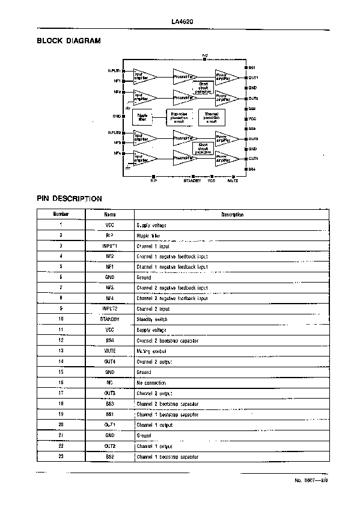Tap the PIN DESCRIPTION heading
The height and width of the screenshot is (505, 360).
point(69,198)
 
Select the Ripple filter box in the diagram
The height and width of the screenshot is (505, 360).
point(142,117)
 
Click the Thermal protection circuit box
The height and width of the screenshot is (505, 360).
point(212,117)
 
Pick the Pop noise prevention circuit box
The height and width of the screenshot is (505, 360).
point(180,117)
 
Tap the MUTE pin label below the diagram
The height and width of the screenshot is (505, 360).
point(233,179)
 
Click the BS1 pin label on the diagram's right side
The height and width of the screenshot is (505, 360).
point(253,67)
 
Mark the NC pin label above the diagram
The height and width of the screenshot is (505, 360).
point(205,55)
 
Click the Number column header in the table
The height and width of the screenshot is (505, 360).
point(61,214)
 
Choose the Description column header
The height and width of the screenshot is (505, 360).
point(231,214)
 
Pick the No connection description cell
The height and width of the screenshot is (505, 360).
point(151,382)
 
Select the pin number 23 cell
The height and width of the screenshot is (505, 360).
point(61,457)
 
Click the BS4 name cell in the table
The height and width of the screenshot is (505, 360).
point(109,341)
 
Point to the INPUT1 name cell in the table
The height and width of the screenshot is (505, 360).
point(109,246)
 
